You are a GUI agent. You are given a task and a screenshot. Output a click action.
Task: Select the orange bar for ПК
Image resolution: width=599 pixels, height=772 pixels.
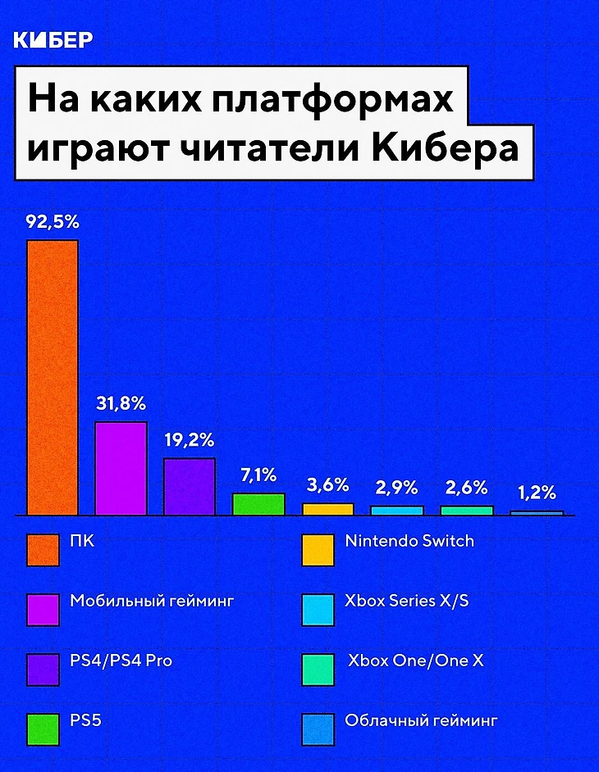pyautogui.click(x=53, y=377)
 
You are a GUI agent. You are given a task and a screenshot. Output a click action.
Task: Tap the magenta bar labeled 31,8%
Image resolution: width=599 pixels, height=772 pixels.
pyautogui.click(x=121, y=468)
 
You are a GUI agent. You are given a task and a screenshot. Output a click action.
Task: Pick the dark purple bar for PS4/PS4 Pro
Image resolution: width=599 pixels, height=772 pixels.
pyautogui.click(x=189, y=486)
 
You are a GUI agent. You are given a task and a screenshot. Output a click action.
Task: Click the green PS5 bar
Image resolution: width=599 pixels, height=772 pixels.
pyautogui.click(x=258, y=504)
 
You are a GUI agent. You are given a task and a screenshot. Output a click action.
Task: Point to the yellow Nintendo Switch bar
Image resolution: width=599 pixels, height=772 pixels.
pyautogui.click(x=327, y=509)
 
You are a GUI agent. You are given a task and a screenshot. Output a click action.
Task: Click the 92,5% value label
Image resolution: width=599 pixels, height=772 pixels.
pyautogui.click(x=53, y=222)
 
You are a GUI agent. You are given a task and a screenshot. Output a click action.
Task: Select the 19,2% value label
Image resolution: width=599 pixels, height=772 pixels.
pyautogui.click(x=190, y=440)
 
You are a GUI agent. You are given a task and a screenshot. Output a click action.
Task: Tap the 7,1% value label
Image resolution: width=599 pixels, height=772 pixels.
pyautogui.click(x=258, y=476)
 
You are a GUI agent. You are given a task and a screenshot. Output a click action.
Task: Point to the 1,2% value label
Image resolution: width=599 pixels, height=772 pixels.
pyautogui.click(x=537, y=493)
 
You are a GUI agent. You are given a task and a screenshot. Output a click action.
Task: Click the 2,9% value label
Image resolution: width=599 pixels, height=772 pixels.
pyautogui.click(x=397, y=488)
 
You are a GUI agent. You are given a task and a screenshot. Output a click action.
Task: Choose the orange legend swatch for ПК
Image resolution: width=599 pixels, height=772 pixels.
pyautogui.click(x=43, y=550)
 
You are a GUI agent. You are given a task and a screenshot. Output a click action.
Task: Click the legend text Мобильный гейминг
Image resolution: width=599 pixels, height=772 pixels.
pyautogui.click(x=152, y=601)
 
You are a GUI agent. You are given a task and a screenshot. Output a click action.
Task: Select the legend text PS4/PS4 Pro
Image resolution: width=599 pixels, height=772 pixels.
pyautogui.click(x=121, y=661)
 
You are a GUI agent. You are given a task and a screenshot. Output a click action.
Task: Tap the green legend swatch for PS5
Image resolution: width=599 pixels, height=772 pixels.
pyautogui.click(x=43, y=728)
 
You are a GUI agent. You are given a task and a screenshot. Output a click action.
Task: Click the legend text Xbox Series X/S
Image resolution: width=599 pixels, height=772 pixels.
pyautogui.click(x=407, y=601)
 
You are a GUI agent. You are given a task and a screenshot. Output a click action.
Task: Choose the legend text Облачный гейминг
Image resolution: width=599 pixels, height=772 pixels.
pyautogui.click(x=421, y=721)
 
